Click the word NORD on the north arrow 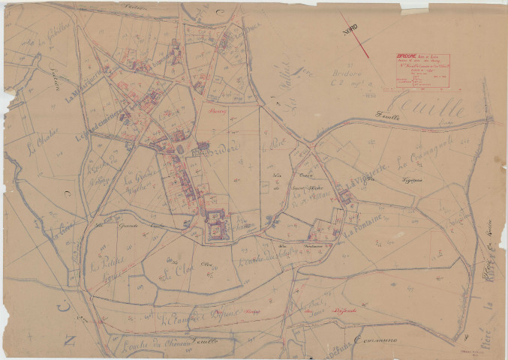tap(350, 31)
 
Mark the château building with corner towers tap(215, 225)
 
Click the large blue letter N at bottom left tap(70, 341)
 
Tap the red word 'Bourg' tap(218, 110)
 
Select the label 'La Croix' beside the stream tap(62, 234)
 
